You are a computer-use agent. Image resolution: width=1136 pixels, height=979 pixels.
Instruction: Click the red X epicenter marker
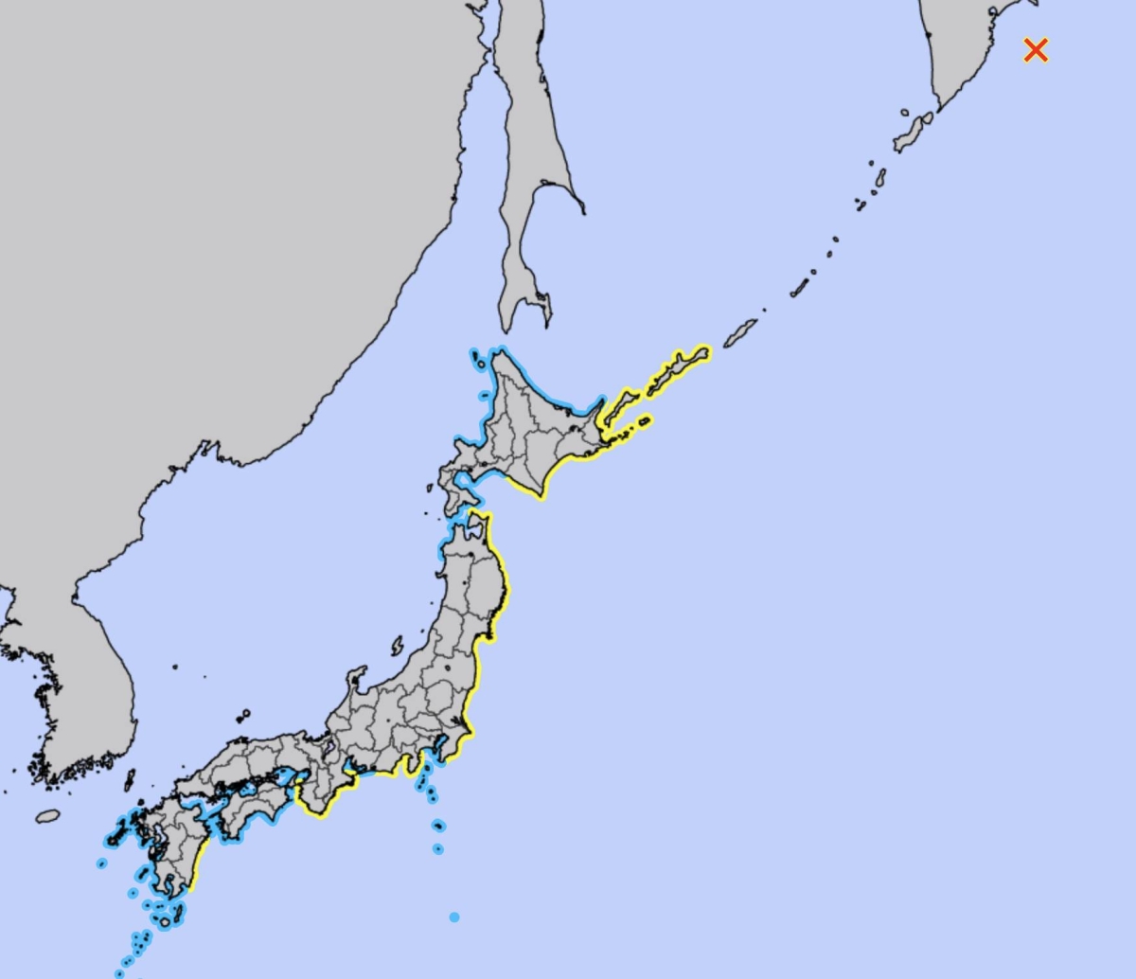1036,50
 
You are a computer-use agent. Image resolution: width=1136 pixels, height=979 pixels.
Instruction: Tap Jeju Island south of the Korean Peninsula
48,815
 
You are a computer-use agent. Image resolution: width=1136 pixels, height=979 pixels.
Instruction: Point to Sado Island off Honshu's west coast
398,646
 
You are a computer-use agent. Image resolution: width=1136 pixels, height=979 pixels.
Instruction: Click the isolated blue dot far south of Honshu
454,917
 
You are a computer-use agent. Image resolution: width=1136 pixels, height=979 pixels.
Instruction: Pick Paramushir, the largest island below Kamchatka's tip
912,132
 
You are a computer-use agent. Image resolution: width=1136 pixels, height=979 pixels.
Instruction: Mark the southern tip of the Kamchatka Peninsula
942,104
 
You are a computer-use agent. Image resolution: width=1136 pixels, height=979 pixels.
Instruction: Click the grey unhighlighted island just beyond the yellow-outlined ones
740,332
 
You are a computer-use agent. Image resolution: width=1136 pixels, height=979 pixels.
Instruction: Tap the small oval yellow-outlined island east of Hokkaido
644,420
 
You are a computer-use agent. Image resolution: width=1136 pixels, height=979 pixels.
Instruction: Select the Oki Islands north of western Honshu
243,715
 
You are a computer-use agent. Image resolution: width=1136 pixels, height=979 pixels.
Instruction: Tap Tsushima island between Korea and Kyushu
130,780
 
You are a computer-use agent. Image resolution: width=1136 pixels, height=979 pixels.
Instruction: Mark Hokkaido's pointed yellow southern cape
542,495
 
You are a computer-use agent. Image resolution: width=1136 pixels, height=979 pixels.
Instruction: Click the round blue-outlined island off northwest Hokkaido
478,358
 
